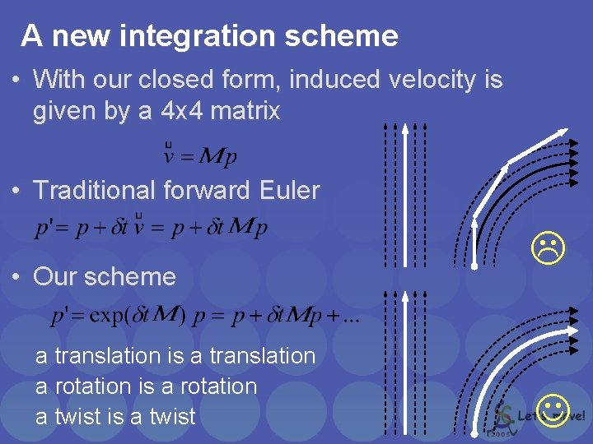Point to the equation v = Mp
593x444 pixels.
[x=201, y=154]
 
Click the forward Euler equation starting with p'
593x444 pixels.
[x=151, y=228]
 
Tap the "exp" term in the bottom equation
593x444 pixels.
[x=114, y=316]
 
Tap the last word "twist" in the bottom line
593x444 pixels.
[x=170, y=417]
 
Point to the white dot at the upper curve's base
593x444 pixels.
[x=475, y=266]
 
